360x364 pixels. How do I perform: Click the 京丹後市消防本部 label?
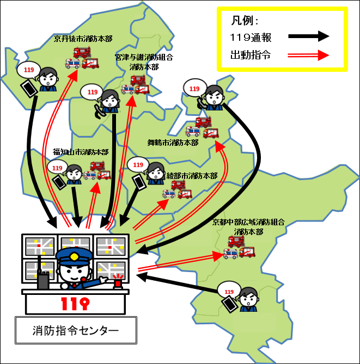(x=83, y=39)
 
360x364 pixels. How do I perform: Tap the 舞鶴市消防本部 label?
(x=173, y=143)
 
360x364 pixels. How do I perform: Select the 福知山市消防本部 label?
(x=81, y=152)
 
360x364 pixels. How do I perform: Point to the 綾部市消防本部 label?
(x=192, y=176)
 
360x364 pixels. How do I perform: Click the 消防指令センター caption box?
(x=76, y=330)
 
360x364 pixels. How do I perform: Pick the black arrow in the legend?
(x=309, y=36)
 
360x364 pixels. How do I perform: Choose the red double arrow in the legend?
(x=309, y=55)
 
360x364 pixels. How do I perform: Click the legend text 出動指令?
(x=251, y=55)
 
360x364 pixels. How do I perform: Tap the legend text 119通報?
(x=251, y=38)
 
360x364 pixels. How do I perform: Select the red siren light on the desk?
(x=118, y=281)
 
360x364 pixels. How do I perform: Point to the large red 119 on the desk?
(x=75, y=304)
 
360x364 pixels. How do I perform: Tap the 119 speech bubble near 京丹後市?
(x=29, y=70)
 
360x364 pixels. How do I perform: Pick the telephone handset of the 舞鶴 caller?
(x=202, y=103)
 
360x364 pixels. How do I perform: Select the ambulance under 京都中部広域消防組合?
(x=230, y=254)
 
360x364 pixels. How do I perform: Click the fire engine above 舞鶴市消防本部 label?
(x=203, y=122)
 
